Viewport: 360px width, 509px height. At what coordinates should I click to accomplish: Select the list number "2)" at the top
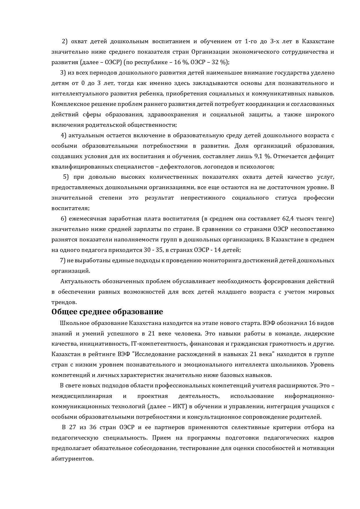(64, 41)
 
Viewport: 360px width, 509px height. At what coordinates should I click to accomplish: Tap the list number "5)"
(66, 177)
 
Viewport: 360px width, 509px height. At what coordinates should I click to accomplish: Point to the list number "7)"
(63, 260)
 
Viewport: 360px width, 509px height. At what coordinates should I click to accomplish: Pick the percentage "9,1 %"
(262, 156)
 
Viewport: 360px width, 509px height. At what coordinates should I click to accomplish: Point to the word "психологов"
(258, 167)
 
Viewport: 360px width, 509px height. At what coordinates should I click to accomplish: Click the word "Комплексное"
(68, 104)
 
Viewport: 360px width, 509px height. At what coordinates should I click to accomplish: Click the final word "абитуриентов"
(72, 459)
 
